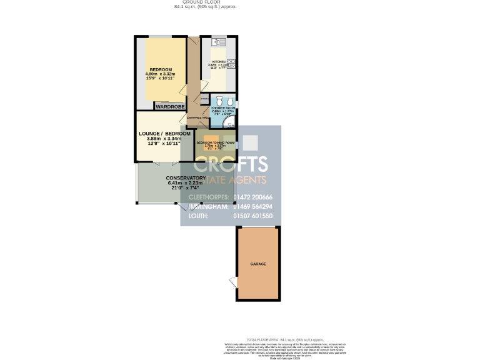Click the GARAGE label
coord(258,264)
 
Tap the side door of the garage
coord(232,282)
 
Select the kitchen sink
coord(219,42)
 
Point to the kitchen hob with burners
coord(231,63)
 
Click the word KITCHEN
coord(217,62)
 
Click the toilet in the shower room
coord(230,102)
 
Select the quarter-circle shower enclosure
coord(230,124)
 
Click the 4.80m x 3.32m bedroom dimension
coord(159,74)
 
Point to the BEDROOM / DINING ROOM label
coord(216,142)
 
